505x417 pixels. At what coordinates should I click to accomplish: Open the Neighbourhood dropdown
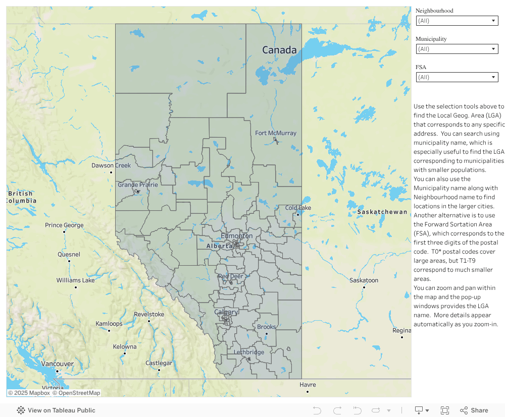click(457, 21)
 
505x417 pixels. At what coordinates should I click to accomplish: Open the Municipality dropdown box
click(457, 49)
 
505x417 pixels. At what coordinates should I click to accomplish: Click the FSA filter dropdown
click(457, 77)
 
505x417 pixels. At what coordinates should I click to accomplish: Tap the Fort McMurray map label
click(276, 133)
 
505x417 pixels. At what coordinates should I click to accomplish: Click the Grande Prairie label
click(138, 185)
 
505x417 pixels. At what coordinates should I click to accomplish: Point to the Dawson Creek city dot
click(111, 172)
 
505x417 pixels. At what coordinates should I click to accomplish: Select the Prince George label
click(64, 225)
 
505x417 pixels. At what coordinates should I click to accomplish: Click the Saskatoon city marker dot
click(364, 287)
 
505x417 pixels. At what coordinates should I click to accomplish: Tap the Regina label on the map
click(401, 330)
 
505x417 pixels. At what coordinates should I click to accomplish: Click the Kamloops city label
click(109, 323)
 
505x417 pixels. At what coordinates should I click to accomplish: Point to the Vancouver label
click(57, 364)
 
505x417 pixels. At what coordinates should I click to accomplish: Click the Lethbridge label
click(248, 352)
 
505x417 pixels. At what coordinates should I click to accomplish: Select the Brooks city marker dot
click(267, 333)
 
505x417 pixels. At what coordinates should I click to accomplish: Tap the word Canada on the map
click(279, 50)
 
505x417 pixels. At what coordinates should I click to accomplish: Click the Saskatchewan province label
click(382, 212)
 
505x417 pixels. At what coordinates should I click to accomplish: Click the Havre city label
click(308, 385)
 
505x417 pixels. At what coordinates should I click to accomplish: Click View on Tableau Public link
click(56, 410)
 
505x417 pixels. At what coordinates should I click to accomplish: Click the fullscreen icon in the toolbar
click(445, 410)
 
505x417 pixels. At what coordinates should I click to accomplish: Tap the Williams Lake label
click(75, 280)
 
